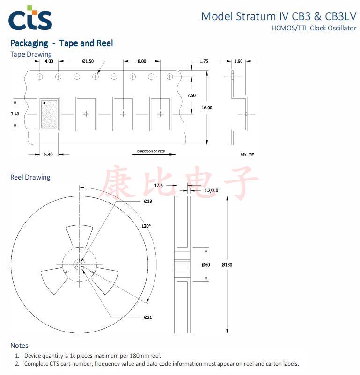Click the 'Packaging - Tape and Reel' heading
click(x=61, y=43)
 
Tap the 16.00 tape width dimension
click(x=206, y=108)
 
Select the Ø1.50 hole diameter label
click(x=88, y=61)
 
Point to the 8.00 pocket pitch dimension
click(x=142, y=61)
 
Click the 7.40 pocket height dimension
click(x=15, y=114)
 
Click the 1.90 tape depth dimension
click(x=238, y=61)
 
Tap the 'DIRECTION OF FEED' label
click(x=151, y=151)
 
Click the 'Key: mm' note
click(x=247, y=154)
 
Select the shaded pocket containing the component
click(x=48, y=114)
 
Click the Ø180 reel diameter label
click(x=227, y=265)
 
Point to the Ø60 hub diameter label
click(x=206, y=265)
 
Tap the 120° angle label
click(x=147, y=226)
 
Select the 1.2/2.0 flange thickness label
click(x=212, y=190)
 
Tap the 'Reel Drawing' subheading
click(x=30, y=177)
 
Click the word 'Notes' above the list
click(x=19, y=346)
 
